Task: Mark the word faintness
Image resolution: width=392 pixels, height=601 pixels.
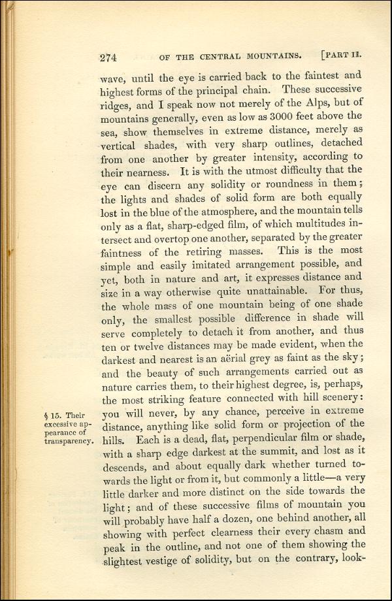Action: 127,252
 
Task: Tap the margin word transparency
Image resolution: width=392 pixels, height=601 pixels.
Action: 65,441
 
